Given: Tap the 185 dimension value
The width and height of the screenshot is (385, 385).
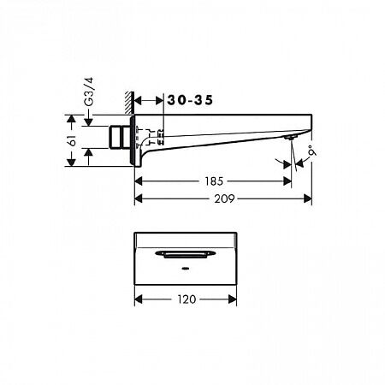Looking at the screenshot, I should tap(216, 181).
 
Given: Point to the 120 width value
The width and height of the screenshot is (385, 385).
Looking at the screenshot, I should tap(187, 299).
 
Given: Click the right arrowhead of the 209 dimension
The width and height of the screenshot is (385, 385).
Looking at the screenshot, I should tap(308, 198).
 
